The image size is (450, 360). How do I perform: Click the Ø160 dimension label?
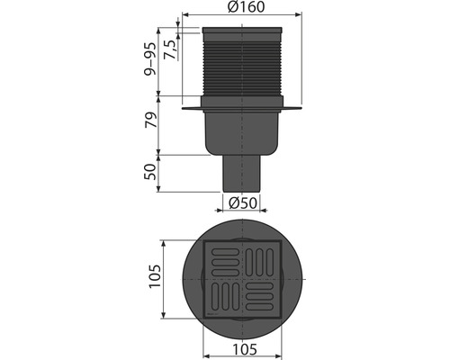[x=247, y=6]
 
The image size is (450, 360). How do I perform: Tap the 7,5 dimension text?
[x=170, y=49]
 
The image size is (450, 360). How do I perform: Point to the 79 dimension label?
[x=151, y=120]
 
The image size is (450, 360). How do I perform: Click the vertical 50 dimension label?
[x=151, y=172]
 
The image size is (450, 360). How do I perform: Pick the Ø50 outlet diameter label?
[x=243, y=203]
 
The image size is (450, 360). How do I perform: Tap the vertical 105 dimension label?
[x=156, y=276]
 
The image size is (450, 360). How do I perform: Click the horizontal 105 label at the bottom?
[x=245, y=349]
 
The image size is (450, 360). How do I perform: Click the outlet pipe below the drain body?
[x=242, y=173]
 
